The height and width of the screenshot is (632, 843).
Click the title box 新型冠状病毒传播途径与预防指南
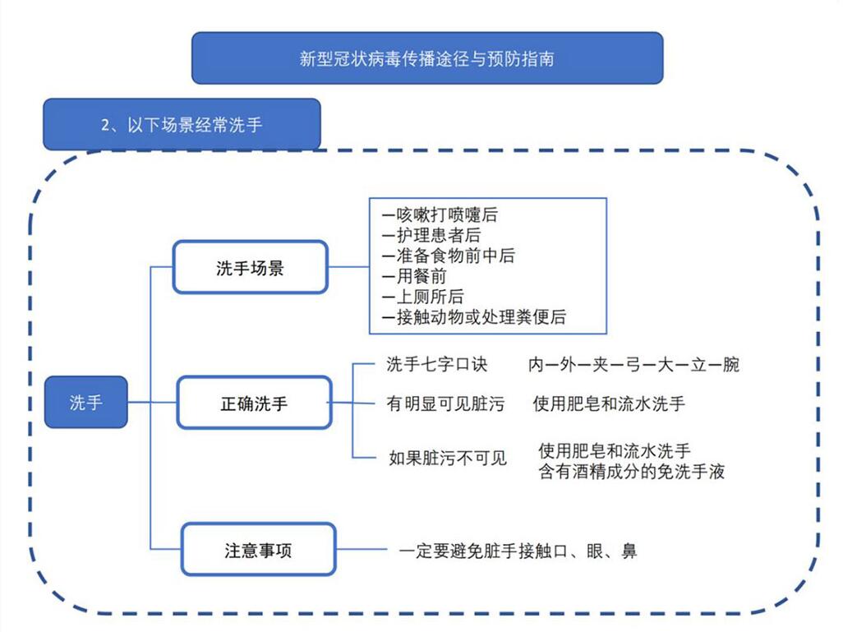[426, 58]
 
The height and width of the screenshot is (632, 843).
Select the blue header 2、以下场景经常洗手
[182, 125]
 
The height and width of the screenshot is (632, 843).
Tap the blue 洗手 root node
[85, 403]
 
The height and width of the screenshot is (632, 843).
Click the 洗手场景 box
[250, 268]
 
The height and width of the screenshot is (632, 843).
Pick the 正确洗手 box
[253, 404]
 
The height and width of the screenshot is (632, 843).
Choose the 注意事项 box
[258, 550]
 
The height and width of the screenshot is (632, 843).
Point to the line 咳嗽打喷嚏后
[440, 215]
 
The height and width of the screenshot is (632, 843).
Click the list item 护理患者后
[432, 236]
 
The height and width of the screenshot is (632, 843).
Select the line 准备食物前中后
[449, 256]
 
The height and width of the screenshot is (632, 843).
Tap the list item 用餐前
[415, 276]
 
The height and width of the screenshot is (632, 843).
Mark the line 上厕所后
[423, 297]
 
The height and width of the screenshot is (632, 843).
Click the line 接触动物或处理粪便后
[474, 317]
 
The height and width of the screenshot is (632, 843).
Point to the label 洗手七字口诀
[436, 363]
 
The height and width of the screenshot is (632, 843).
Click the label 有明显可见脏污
[445, 404]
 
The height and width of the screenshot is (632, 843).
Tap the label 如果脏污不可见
[447, 458]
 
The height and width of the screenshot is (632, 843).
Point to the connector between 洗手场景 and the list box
[348, 268]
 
